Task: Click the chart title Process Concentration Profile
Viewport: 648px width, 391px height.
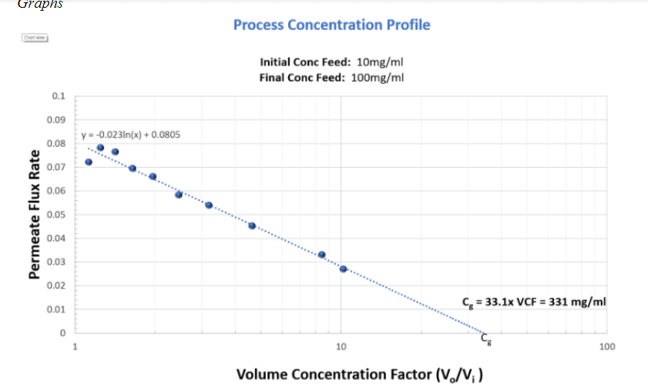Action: click(x=331, y=25)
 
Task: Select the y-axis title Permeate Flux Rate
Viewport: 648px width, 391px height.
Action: click(x=35, y=216)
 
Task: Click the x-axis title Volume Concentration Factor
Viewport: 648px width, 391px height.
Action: click(x=360, y=375)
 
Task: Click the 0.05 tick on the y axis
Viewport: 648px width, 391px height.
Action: click(x=57, y=215)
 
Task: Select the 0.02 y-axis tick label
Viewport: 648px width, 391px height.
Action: click(x=57, y=286)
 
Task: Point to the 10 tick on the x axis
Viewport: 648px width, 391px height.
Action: click(x=341, y=346)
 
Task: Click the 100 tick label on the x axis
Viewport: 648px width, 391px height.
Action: click(x=606, y=346)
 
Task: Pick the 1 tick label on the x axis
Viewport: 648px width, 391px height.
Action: click(x=75, y=346)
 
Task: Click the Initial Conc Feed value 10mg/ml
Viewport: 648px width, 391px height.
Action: click(x=381, y=62)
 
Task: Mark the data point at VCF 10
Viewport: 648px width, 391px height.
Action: click(x=343, y=269)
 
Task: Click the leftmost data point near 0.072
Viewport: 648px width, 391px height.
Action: click(x=89, y=162)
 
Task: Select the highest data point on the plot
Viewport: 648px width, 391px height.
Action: click(x=100, y=147)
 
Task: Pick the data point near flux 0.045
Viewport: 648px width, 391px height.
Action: click(x=252, y=226)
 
